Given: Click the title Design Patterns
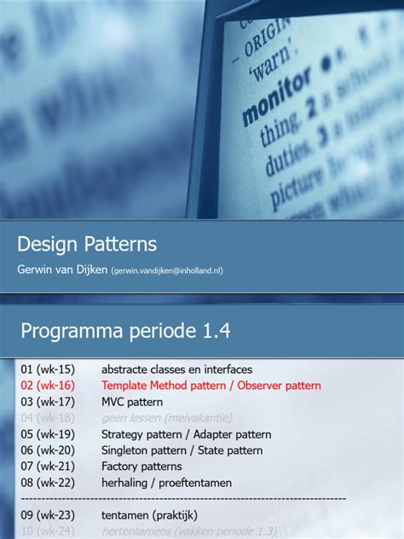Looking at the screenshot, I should (87, 244).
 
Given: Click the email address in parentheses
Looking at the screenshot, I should (167, 271).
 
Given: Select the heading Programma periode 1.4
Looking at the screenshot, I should (125, 330).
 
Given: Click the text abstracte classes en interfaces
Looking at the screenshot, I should (176, 369).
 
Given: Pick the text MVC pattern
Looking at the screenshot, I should (131, 402).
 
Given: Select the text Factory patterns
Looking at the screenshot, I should (141, 467).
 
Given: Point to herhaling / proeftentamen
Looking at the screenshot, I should (166, 483).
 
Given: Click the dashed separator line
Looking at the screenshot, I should (182, 498).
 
